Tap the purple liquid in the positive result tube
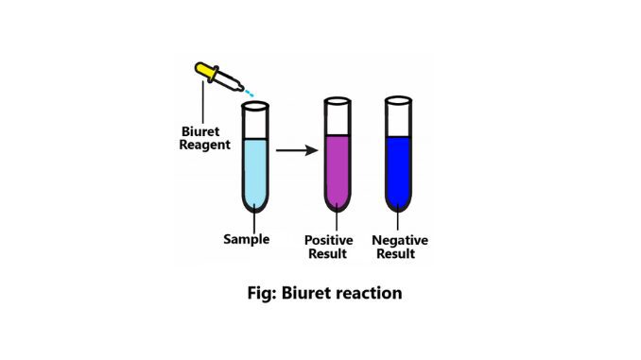pyautogui.click(x=338, y=171)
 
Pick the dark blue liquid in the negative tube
pyautogui.click(x=399, y=171)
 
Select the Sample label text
pyautogui.click(x=246, y=239)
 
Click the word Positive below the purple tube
pyautogui.click(x=327, y=240)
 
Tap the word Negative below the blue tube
pyautogui.click(x=399, y=240)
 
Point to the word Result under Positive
pyautogui.click(x=327, y=254)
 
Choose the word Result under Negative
pyautogui.click(x=399, y=254)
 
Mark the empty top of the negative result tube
pyautogui.click(x=399, y=116)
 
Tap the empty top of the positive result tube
pyautogui.click(x=338, y=116)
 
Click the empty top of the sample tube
pyautogui.click(x=256, y=121)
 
